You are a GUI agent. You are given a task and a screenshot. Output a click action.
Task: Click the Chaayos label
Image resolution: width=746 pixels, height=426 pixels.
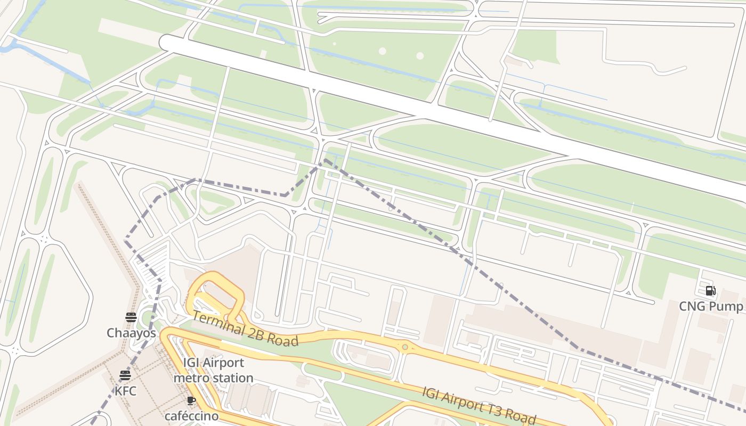pos(131,333)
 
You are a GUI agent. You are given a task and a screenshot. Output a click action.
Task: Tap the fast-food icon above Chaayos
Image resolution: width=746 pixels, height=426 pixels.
pos(131,317)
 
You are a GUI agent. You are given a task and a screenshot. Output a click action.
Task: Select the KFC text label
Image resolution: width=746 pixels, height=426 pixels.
pos(125,391)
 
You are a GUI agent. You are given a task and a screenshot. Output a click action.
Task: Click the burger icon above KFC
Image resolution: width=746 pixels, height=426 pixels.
pos(125,375)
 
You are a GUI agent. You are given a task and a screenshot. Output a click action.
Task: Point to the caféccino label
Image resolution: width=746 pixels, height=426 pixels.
pos(191,416)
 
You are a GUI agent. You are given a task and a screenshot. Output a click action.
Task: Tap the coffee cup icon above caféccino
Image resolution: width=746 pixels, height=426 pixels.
pos(191,401)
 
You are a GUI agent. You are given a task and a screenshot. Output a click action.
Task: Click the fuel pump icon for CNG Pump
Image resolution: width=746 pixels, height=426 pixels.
pos(710,291)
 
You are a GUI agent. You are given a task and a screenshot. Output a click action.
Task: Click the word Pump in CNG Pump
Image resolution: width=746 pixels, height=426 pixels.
pos(726,307)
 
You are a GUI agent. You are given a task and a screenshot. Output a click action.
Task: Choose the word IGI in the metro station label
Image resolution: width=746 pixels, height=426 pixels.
pos(191,363)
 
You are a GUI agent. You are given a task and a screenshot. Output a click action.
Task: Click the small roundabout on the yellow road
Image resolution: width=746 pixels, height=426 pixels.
pos(405,348)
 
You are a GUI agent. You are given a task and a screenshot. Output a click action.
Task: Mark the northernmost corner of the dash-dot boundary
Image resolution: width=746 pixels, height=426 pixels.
pos(325,159)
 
